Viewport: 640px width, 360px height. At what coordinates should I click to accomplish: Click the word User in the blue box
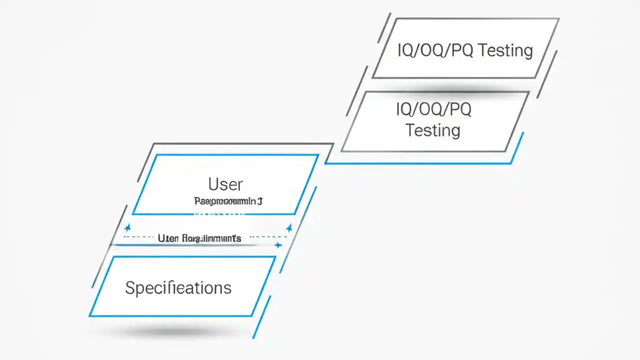pyautogui.click(x=225, y=184)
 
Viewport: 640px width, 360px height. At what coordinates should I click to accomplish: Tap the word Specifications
pyautogui.click(x=178, y=288)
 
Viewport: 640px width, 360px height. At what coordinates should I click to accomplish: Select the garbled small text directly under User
pyautogui.click(x=228, y=201)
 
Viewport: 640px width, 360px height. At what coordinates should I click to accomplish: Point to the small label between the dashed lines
pyautogui.click(x=199, y=238)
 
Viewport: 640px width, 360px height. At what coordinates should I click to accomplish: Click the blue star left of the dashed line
pyautogui.click(x=127, y=228)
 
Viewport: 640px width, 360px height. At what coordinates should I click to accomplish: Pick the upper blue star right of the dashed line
pyautogui.click(x=289, y=228)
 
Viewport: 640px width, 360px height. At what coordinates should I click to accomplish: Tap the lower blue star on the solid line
pyautogui.click(x=278, y=245)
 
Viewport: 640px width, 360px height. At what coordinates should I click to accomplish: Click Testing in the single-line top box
pyautogui.click(x=505, y=50)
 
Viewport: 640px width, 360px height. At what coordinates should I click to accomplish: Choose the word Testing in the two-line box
pyautogui.click(x=432, y=130)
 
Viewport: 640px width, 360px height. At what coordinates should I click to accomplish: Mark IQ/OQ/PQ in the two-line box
pyautogui.click(x=433, y=109)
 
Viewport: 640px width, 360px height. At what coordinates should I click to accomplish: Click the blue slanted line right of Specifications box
pyautogui.click(x=261, y=317)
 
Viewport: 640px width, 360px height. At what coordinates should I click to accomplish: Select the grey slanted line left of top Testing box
pyautogui.click(x=384, y=27)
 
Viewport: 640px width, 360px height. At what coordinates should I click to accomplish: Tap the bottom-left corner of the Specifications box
pyautogui.click(x=90, y=316)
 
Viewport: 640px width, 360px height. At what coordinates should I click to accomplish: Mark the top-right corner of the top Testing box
pyautogui.click(x=558, y=18)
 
